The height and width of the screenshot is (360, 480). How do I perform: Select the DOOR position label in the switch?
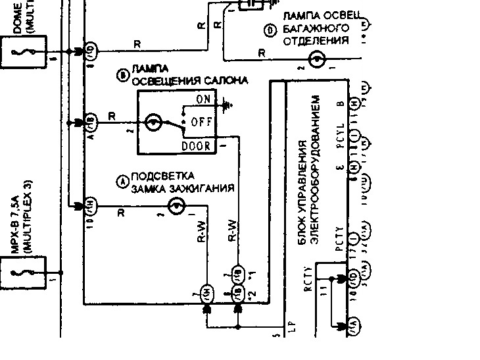coord(197,145)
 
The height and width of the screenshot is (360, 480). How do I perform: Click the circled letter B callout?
coord(121,75)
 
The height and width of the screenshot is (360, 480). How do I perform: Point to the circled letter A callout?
coord(121,182)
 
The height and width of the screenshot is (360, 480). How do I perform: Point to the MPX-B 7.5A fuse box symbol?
coord(22,272)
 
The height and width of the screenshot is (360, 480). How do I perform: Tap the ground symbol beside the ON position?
coord(228,104)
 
